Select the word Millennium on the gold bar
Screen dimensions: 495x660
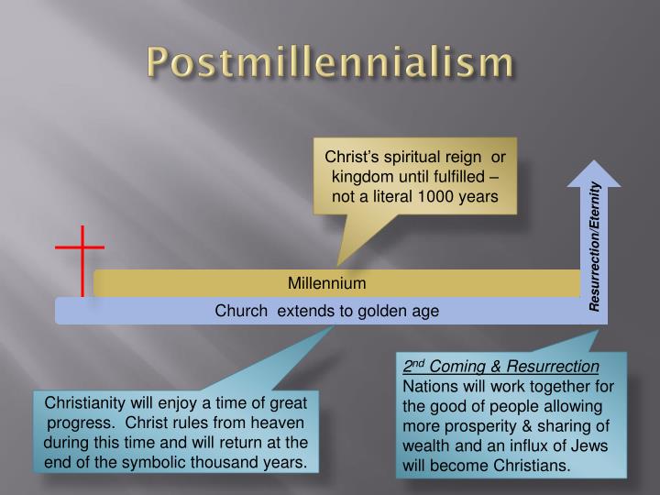tap(327, 283)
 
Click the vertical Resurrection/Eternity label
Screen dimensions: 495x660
tap(595, 246)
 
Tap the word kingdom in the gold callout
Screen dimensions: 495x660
tap(363, 175)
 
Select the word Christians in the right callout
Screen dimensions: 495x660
tap(533, 466)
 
